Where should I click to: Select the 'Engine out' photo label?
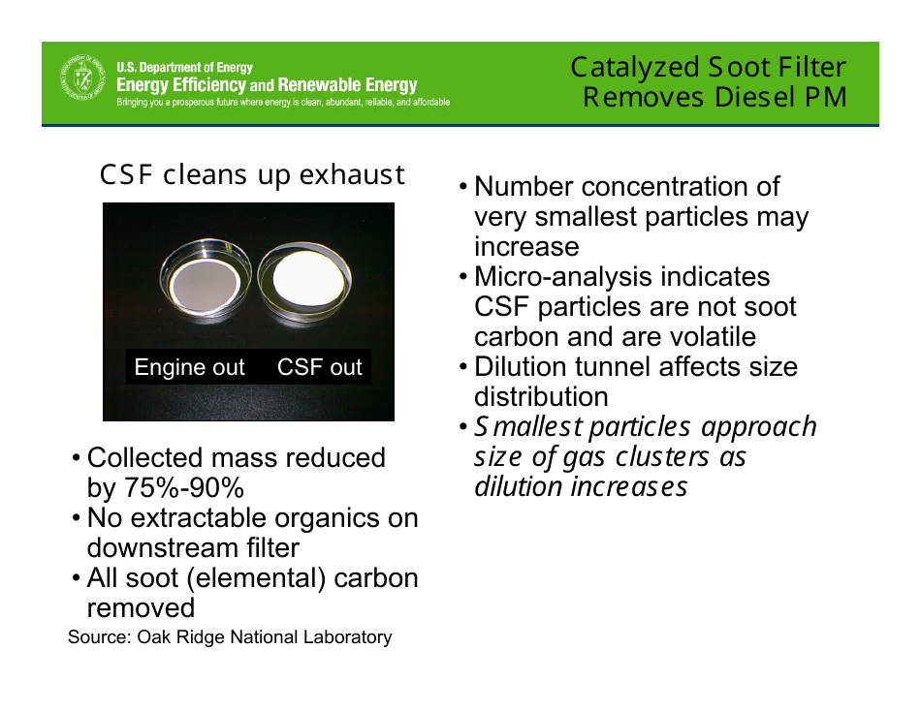coord(189,368)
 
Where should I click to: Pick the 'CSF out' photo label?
coord(319,368)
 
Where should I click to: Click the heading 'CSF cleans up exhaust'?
coord(252,175)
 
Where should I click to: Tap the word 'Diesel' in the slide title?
coord(753,98)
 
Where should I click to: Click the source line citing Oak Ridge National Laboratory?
coord(230,637)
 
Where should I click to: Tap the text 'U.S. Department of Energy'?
coord(184,68)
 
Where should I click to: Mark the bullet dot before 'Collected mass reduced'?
coord(77,458)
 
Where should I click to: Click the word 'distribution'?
coord(541,397)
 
